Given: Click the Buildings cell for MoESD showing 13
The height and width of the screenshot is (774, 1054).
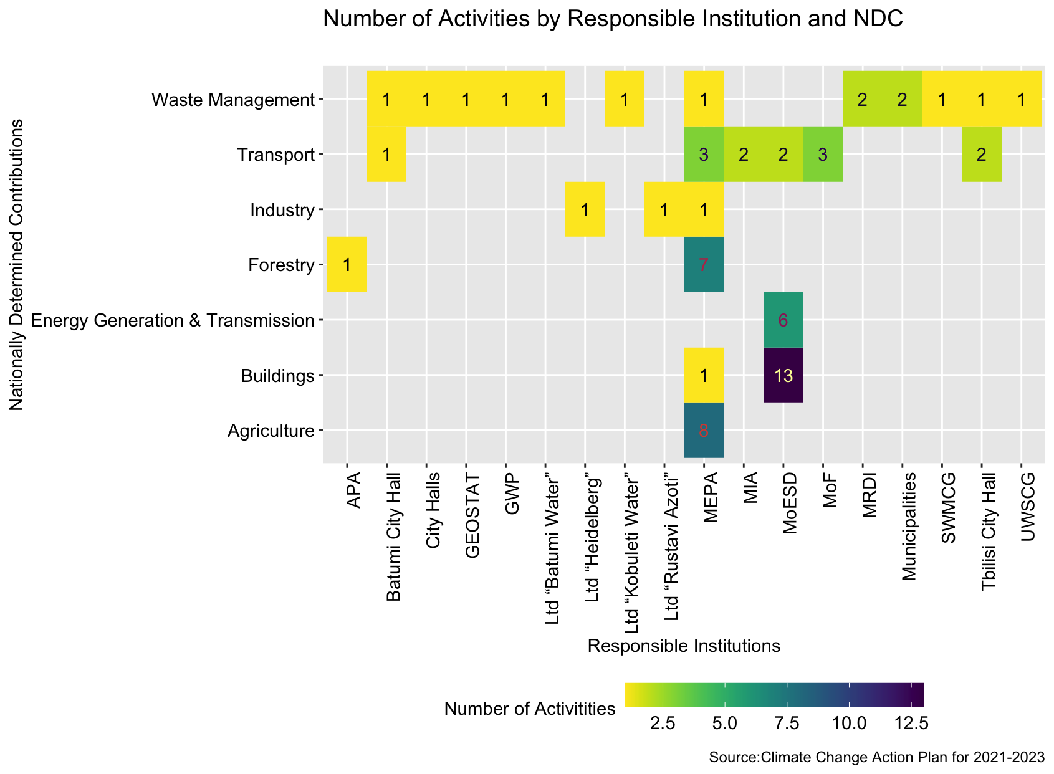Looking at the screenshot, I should [783, 375].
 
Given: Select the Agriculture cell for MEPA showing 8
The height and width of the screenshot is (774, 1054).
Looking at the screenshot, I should [704, 430].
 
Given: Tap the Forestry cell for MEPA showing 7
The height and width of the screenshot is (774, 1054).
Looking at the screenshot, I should [704, 265].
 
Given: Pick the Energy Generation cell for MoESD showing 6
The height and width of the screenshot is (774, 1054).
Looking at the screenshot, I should [783, 320].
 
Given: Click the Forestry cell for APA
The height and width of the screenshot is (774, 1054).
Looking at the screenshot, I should [347, 265].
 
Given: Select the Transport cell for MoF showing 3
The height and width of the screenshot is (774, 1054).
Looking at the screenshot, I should [823, 155].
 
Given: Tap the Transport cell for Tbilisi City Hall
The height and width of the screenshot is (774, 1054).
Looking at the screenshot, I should [981, 155].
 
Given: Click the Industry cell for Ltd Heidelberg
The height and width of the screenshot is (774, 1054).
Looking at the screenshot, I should [585, 210].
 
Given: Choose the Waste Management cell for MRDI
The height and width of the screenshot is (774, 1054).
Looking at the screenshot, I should [862, 100].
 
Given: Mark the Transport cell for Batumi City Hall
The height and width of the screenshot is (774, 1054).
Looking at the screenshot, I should [386, 155].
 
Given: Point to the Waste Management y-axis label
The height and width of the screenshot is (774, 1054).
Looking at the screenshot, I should [233, 100].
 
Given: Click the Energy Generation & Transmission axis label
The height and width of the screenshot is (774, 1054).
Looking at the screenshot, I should [171, 320].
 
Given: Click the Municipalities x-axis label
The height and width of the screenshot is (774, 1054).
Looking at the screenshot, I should [909, 526].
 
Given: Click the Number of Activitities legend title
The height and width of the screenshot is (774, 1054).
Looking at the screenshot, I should [530, 709].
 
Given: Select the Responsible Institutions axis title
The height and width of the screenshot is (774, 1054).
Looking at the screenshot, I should [684, 646].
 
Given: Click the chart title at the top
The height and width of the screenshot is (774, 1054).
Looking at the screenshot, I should [613, 20].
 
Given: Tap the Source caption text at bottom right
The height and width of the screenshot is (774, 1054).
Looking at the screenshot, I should [876, 758].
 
